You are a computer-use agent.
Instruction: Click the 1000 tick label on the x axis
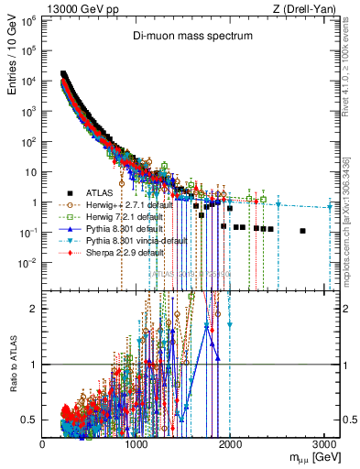click(136, 443)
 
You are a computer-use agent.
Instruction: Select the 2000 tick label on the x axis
click(230, 443)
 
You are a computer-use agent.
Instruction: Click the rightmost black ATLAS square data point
click(302, 231)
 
